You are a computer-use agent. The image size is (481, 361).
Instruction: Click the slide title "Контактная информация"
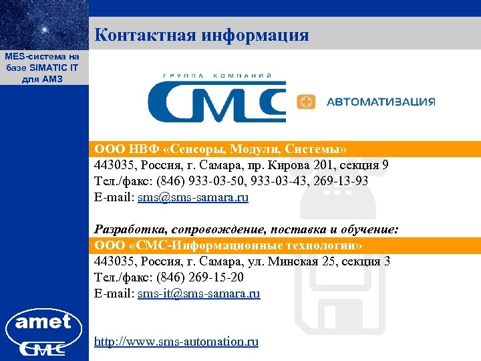pyautogui.click(x=202, y=35)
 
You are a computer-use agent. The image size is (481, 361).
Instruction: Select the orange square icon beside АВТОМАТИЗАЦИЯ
pyautogui.click(x=305, y=102)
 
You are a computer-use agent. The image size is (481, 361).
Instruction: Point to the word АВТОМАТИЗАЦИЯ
pyautogui.click(x=380, y=102)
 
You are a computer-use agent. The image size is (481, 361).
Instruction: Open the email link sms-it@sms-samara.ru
pyautogui.click(x=198, y=293)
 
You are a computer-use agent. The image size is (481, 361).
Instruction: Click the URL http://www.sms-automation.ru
pyautogui.click(x=176, y=342)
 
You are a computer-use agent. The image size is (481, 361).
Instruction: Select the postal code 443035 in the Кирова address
pyautogui.click(x=114, y=165)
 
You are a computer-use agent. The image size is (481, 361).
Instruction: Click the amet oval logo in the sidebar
pyautogui.click(x=43, y=323)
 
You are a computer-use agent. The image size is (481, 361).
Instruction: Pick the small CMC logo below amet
pyautogui.click(x=43, y=348)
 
